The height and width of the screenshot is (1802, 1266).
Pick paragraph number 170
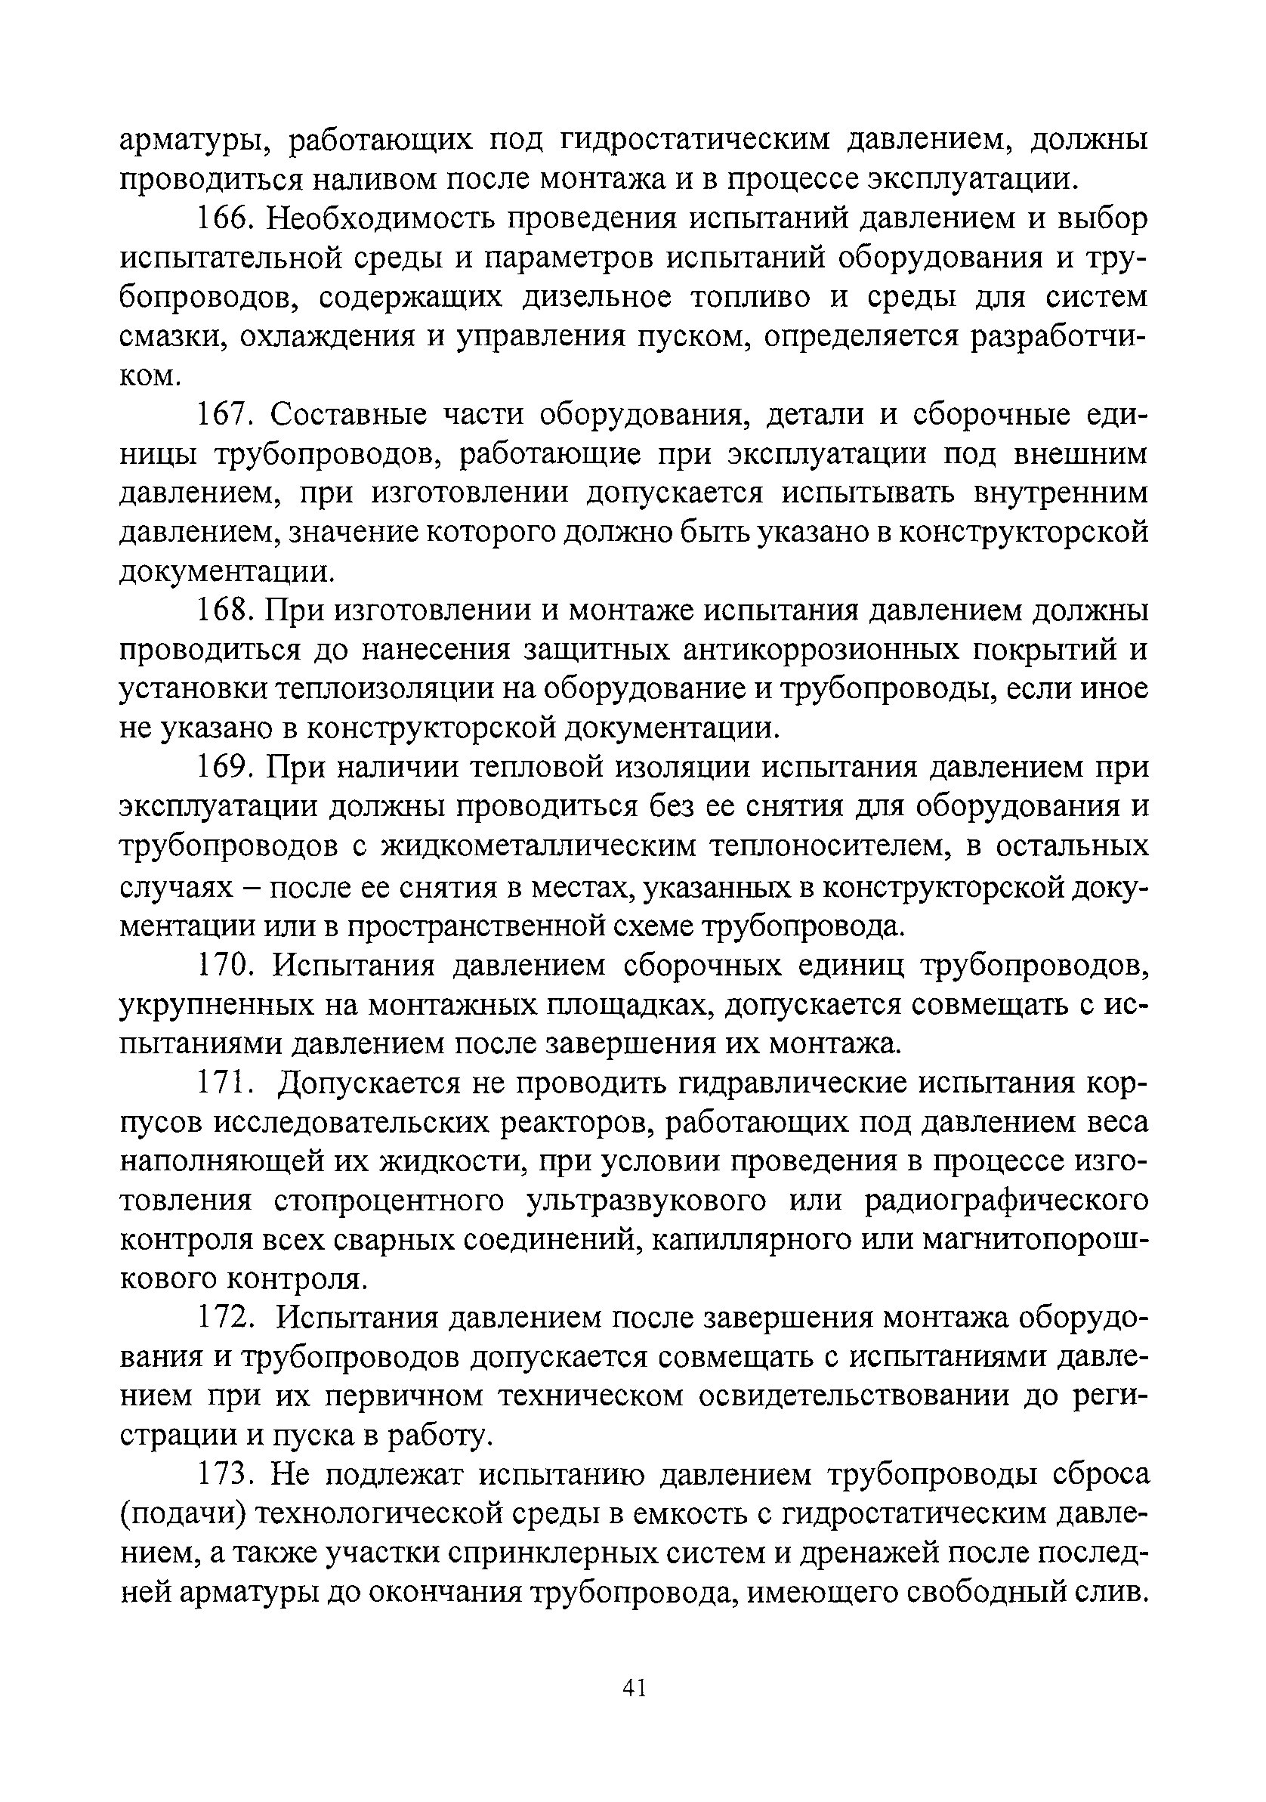[x=224, y=965]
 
